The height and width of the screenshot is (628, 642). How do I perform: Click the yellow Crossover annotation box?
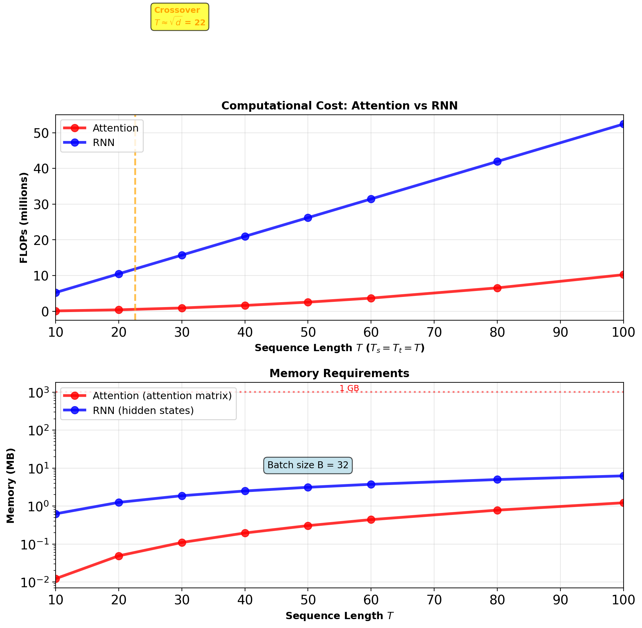[180, 17]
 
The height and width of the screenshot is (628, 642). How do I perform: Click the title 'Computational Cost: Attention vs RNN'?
[339, 106]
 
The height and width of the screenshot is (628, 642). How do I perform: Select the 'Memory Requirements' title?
[339, 374]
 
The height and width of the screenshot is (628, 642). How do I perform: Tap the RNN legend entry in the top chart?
[103, 143]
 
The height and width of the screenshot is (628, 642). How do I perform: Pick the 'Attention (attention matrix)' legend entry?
[162, 396]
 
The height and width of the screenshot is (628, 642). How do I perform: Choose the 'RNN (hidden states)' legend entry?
[143, 411]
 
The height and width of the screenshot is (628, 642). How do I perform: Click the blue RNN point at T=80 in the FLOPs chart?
[497, 162]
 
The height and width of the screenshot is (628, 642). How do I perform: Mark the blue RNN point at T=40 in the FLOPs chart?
[245, 236]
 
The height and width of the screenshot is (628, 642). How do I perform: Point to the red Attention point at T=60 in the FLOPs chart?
[371, 299]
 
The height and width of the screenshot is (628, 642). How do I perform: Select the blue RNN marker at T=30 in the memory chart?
[182, 496]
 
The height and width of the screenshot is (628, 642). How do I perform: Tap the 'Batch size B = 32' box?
[308, 465]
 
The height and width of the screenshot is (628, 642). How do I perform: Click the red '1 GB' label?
[349, 389]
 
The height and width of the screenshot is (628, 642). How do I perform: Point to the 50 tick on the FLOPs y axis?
[41, 133]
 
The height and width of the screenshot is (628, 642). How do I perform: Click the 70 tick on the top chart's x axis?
[434, 332]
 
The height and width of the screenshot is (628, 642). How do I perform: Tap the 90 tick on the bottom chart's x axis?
[560, 600]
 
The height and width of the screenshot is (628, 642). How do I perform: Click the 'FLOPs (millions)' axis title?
[24, 218]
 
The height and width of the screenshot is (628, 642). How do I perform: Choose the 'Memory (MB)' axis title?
[11, 486]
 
